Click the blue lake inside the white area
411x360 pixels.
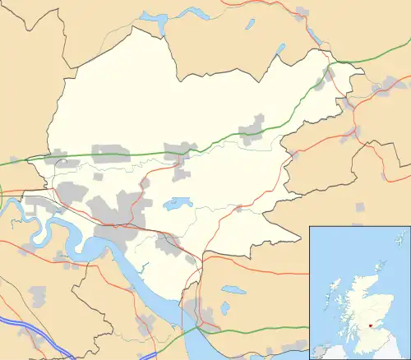coord(178,202)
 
